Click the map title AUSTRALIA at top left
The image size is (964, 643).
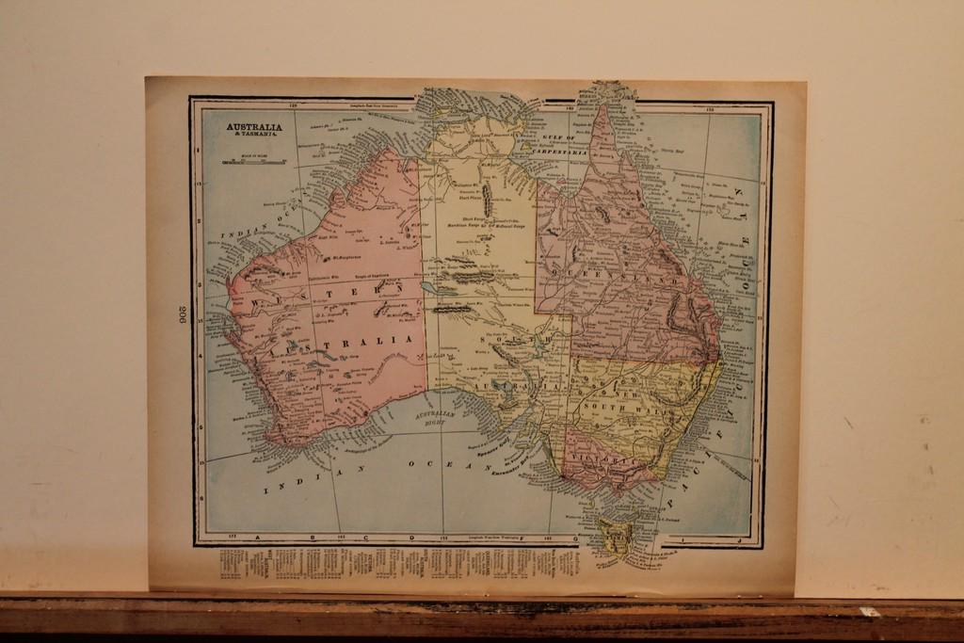[x=253, y=127]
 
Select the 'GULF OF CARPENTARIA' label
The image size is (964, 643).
[x=559, y=144]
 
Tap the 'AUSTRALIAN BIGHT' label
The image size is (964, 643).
[x=436, y=418]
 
